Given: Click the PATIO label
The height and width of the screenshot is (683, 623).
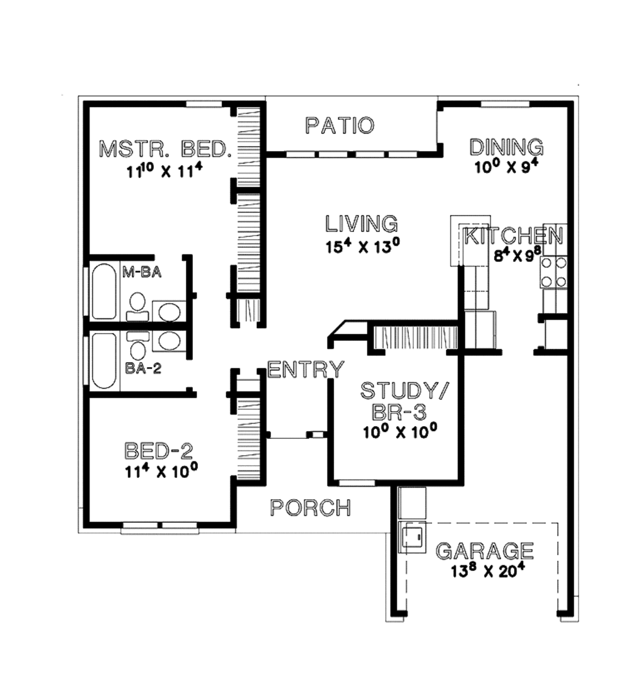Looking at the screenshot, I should coord(339,126).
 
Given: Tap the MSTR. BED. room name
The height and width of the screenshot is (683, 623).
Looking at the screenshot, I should coord(165,149).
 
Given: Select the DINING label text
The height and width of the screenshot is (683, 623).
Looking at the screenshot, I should coord(506,147).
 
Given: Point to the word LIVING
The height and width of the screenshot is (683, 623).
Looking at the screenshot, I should coord(361,223).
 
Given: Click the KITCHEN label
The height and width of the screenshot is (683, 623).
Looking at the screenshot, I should coord(513,236).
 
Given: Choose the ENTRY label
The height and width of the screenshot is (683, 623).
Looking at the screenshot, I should coord(305,370).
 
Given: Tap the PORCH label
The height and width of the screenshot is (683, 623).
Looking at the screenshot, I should coord(310,508).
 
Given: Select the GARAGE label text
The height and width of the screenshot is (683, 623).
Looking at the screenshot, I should coord(485,550).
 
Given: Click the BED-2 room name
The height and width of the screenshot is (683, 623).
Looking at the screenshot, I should coord(159,451).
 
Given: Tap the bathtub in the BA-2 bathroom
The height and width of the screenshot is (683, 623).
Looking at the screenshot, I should coord(105,360).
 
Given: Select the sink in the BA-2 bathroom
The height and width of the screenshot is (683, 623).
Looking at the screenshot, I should coord(168,340).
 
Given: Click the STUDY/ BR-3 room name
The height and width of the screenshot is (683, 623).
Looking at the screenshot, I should coord(392,401).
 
